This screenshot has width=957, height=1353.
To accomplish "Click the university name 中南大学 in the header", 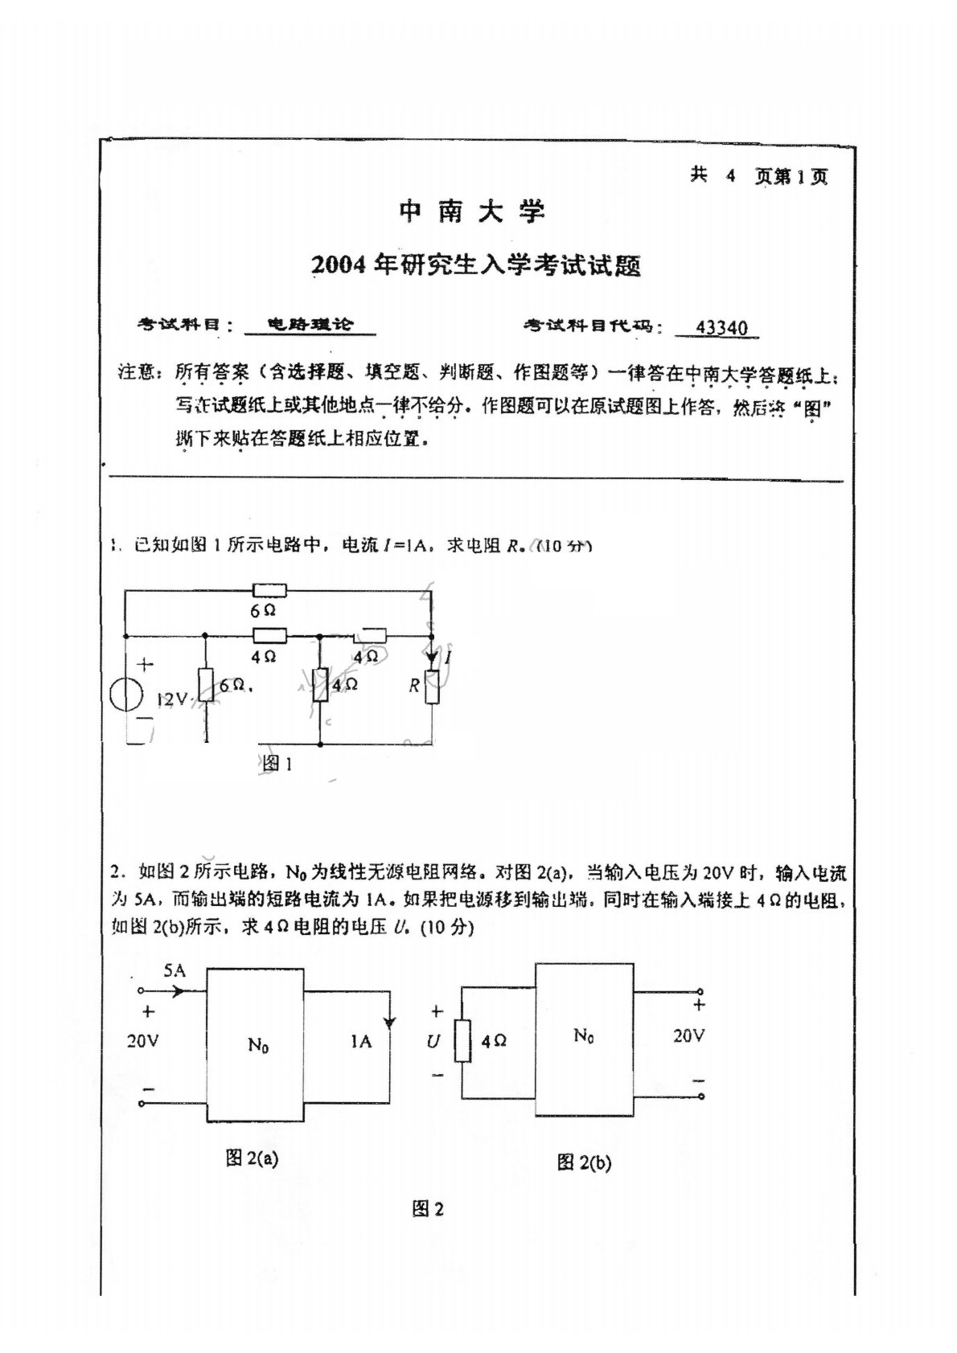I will click(473, 212).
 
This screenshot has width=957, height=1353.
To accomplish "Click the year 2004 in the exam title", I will click(339, 265).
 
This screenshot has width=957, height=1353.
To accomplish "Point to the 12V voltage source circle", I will click(128, 693).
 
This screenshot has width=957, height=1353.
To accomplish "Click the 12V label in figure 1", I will click(171, 700).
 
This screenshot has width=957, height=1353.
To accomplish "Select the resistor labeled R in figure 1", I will click(432, 688).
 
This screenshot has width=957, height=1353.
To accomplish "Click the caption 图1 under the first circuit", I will click(277, 763).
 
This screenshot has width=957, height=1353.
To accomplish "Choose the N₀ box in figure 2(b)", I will click(585, 1039).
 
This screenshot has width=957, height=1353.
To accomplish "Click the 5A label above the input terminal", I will click(174, 970).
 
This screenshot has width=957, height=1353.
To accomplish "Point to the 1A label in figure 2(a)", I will click(360, 1041).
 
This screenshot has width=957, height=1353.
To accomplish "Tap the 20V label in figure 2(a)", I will click(142, 1041).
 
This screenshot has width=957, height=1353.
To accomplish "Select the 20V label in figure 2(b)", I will click(688, 1035).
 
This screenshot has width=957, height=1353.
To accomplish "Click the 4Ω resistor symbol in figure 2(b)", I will click(462, 1041).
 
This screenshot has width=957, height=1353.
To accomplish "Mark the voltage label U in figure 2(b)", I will click(433, 1042).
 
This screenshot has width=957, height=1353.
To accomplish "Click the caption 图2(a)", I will click(253, 1158).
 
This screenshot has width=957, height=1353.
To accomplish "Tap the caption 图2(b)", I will click(584, 1162).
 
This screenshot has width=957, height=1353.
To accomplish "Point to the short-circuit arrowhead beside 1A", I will click(390, 1023).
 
